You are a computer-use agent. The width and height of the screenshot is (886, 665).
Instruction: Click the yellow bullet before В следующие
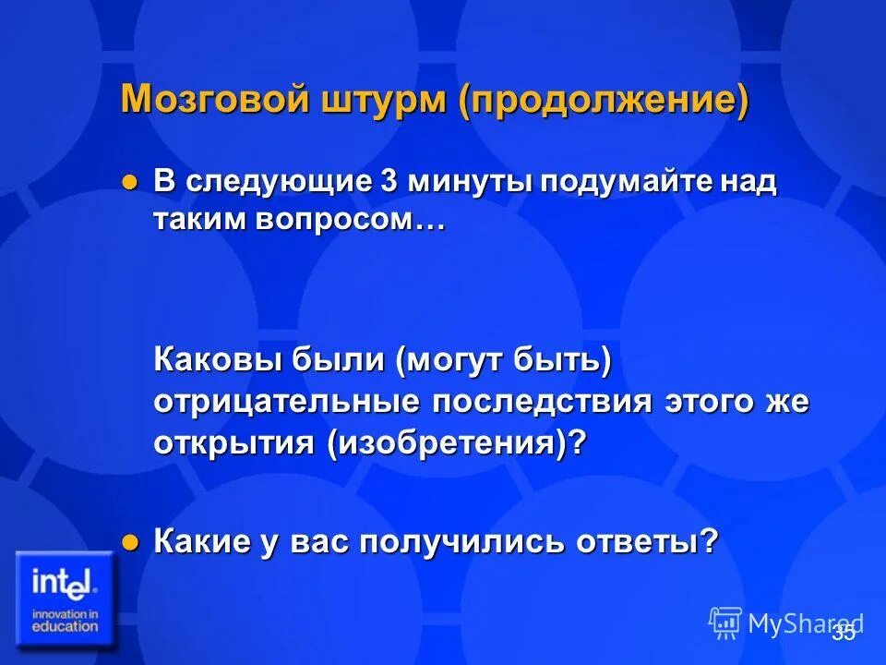(x=129, y=182)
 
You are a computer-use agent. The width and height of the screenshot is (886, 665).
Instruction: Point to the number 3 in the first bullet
(x=389, y=182)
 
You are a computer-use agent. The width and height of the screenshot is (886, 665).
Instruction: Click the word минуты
(x=471, y=182)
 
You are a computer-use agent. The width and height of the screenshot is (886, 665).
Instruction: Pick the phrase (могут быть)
(x=503, y=360)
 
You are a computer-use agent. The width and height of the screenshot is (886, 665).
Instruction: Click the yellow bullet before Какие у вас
(x=129, y=541)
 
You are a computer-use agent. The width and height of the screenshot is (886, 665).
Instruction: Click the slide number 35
(x=843, y=633)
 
